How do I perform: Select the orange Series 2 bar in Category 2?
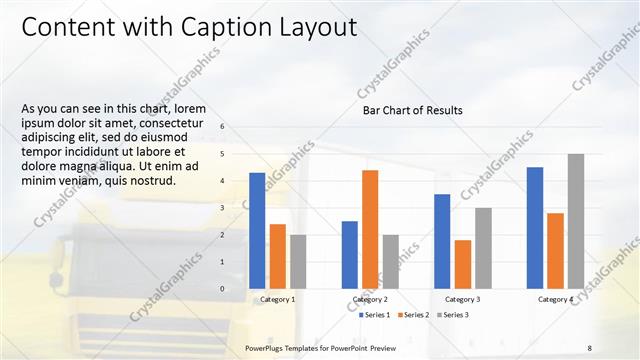tap(370, 229)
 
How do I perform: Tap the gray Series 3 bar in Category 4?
tap(575, 221)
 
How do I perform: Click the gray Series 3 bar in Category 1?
tap(298, 262)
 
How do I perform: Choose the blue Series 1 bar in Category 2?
tap(349, 255)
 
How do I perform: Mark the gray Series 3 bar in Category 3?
tap(483, 248)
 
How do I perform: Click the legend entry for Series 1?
tap(374, 315)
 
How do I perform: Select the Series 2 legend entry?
tap(413, 315)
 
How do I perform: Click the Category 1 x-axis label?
tap(277, 299)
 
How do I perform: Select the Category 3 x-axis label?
tap(462, 299)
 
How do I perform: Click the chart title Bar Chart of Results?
tap(412, 111)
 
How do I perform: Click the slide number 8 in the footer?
tap(589, 347)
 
